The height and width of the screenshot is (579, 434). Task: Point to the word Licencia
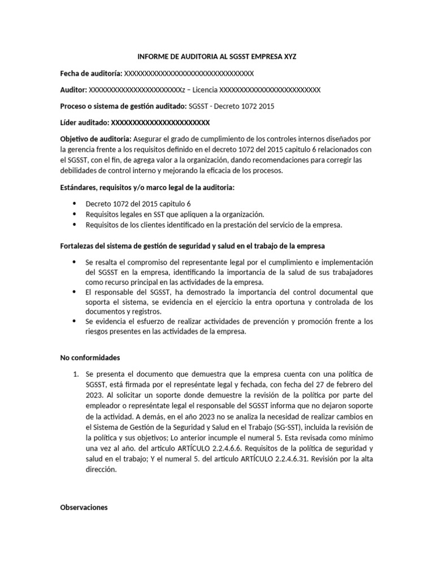[x=203, y=90]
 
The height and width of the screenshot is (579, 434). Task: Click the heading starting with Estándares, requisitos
[x=147, y=187]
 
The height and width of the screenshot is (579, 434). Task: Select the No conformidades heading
[x=90, y=357]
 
